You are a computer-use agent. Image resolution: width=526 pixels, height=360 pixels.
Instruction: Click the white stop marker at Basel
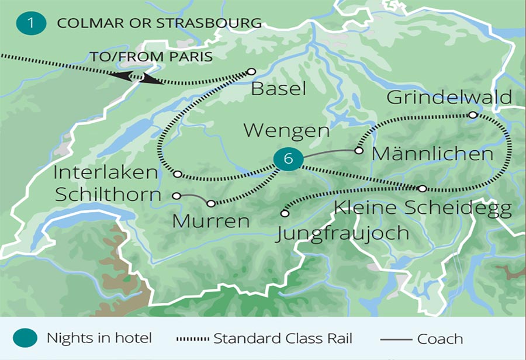tap(251, 71)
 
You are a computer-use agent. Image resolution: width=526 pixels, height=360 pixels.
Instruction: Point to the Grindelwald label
tap(441, 97)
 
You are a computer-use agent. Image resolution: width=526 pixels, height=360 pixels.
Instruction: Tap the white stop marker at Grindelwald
tap(473, 115)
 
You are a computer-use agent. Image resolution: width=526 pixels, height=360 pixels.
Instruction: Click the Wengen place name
tap(286, 130)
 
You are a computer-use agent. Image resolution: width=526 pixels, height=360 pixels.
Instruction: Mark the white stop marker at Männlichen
tap(359, 151)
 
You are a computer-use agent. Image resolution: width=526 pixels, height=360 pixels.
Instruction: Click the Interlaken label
tap(105, 173)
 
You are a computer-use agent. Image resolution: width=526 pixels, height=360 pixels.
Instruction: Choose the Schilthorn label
tap(108, 195)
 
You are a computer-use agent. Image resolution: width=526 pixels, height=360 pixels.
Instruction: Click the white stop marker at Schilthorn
tap(177, 196)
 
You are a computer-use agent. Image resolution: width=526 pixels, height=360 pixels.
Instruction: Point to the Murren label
tap(212, 221)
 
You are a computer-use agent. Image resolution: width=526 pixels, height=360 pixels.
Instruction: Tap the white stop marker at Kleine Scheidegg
tap(423, 189)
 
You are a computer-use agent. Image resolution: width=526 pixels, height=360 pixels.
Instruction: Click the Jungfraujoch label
tap(342, 233)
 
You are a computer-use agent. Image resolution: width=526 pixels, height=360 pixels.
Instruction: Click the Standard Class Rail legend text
tap(283, 338)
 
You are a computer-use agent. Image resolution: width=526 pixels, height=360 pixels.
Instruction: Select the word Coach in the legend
tap(440, 339)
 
